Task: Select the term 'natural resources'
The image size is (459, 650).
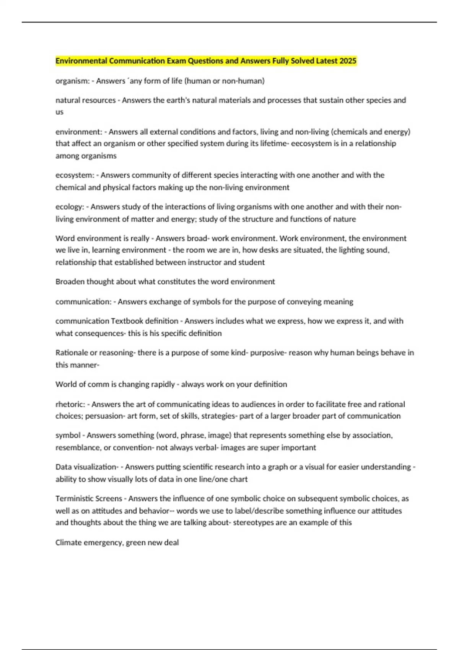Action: coord(85,100)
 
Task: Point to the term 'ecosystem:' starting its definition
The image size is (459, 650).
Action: coord(75,175)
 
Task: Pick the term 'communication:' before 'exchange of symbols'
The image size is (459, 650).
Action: coord(83,302)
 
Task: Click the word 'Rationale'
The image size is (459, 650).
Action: coord(71,353)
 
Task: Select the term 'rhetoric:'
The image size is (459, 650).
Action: coord(70,404)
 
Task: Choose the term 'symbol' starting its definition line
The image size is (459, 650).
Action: coord(68,435)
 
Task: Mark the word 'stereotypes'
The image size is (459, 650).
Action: coord(253,522)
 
